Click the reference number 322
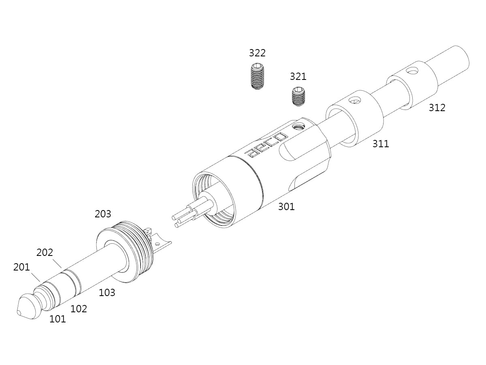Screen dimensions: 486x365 click(257, 53)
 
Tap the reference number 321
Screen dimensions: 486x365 click(298, 77)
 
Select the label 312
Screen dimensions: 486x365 click(437, 108)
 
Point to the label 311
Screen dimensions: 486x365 click(381, 144)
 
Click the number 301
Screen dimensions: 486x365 click(286, 207)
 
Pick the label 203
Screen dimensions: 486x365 click(103, 214)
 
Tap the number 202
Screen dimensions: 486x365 click(45, 252)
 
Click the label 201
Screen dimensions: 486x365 click(21, 267)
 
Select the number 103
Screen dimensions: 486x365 click(107, 293)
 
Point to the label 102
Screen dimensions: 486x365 click(79, 309)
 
